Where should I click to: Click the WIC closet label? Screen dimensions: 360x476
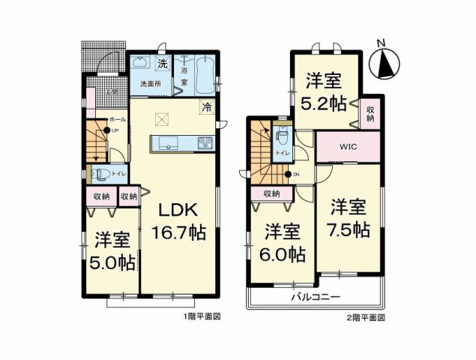click(347, 146)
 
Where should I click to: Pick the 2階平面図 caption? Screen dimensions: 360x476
click(367, 318)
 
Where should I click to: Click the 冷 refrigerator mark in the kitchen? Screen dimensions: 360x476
click(205, 108)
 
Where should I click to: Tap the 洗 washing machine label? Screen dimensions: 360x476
click(161, 61)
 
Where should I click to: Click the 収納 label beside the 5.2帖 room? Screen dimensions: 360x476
click(371, 113)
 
